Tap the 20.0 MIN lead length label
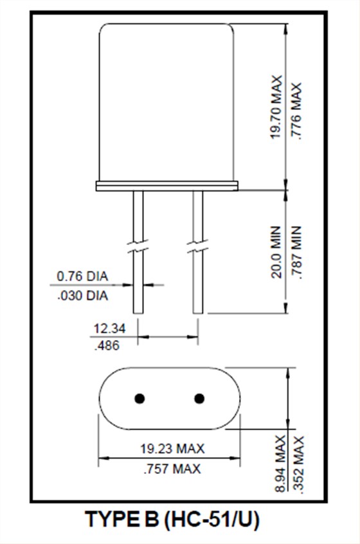(276, 251)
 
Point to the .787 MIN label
(296, 251)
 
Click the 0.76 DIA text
(82, 277)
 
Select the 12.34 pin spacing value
(109, 329)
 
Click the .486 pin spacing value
(107, 345)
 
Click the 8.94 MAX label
(280, 464)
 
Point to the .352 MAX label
(298, 464)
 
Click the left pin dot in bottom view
(139, 399)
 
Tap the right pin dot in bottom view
(199, 399)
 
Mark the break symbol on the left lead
(138, 247)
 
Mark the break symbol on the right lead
(197, 247)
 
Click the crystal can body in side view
(166, 103)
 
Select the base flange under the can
(166, 186)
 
